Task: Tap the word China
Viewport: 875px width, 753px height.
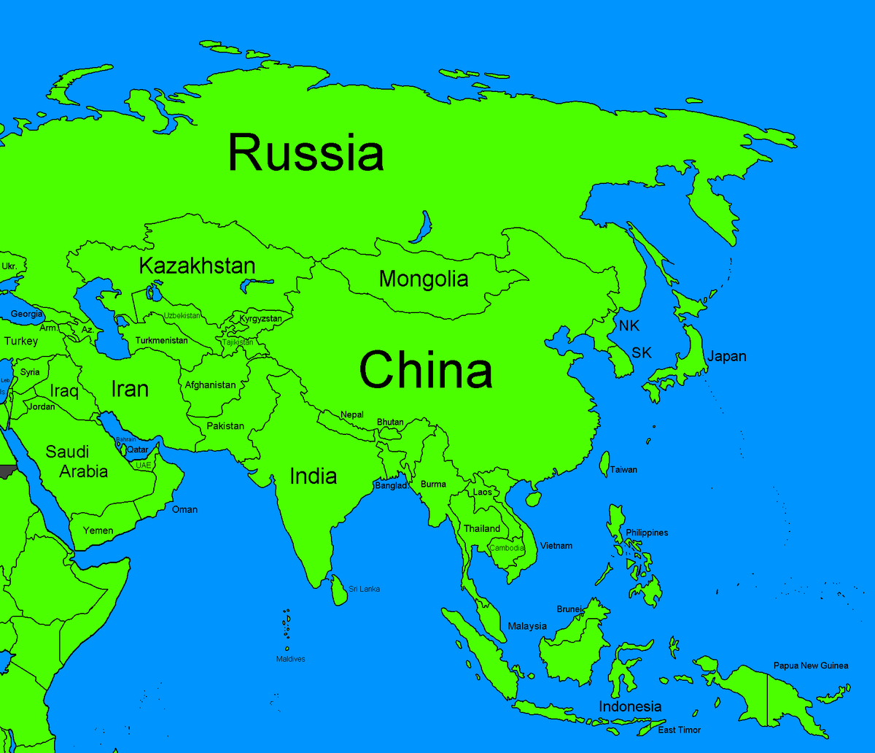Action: (426, 370)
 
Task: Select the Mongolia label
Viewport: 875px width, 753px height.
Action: (424, 279)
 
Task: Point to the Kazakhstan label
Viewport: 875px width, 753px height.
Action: (197, 266)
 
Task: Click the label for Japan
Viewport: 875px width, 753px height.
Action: (726, 357)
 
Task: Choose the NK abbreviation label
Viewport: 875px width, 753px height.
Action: (629, 326)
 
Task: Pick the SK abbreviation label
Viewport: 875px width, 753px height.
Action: (642, 353)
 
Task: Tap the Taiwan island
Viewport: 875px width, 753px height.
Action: (604, 463)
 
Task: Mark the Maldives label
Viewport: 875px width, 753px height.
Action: (290, 659)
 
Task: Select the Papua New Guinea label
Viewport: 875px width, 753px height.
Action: (811, 665)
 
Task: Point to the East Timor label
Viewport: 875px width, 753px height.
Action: (679, 730)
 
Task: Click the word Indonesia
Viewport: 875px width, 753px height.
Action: (630, 706)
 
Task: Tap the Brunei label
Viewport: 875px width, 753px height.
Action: (569, 609)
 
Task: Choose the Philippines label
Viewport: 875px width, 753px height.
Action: (647, 533)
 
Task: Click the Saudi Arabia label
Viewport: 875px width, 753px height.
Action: (77, 461)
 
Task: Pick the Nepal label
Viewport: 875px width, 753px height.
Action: (351, 414)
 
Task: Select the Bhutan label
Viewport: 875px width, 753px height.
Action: (390, 422)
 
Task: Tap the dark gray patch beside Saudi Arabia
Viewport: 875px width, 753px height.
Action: (7, 471)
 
